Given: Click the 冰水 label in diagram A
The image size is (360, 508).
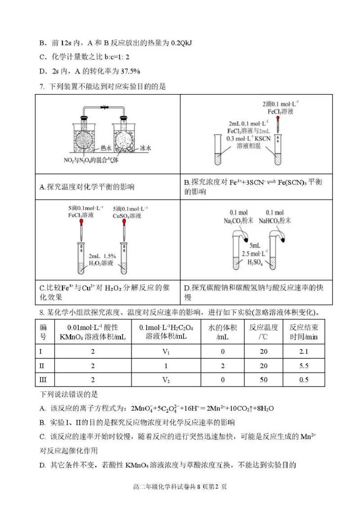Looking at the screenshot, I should click(x=145, y=147).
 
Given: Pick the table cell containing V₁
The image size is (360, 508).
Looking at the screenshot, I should click(x=166, y=351).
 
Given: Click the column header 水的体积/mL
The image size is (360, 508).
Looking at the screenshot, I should click(x=222, y=332).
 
